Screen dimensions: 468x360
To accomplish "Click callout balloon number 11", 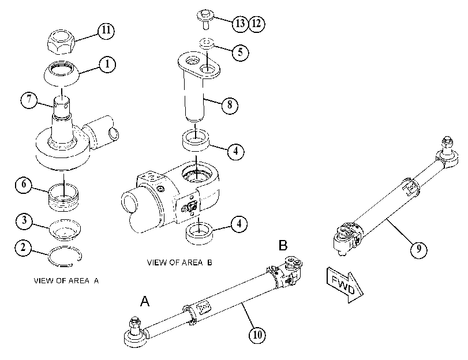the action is (x=106, y=31).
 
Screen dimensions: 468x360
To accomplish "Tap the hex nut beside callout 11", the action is (x=61, y=42).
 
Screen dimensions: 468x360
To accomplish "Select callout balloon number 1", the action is (x=107, y=64).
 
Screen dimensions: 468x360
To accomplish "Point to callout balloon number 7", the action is (x=29, y=99).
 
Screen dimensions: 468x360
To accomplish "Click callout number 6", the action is (x=24, y=185).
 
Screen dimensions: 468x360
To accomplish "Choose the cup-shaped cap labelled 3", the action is (x=65, y=229).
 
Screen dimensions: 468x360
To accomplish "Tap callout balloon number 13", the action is (x=240, y=24).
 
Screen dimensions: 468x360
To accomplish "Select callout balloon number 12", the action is (x=256, y=24).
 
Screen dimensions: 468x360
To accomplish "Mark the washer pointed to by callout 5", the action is (x=207, y=43).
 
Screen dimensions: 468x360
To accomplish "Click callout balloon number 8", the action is (x=230, y=105).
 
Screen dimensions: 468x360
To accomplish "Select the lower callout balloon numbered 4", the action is (x=239, y=224).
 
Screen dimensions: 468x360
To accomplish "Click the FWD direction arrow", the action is (x=345, y=285).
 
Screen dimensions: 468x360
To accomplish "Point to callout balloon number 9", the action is (x=418, y=249).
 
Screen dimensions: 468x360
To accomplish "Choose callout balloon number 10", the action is (x=257, y=335).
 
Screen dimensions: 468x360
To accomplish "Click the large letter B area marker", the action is (x=283, y=245).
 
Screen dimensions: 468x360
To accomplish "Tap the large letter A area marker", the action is (x=145, y=301).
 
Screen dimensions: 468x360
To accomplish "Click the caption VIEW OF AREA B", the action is (x=179, y=262).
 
